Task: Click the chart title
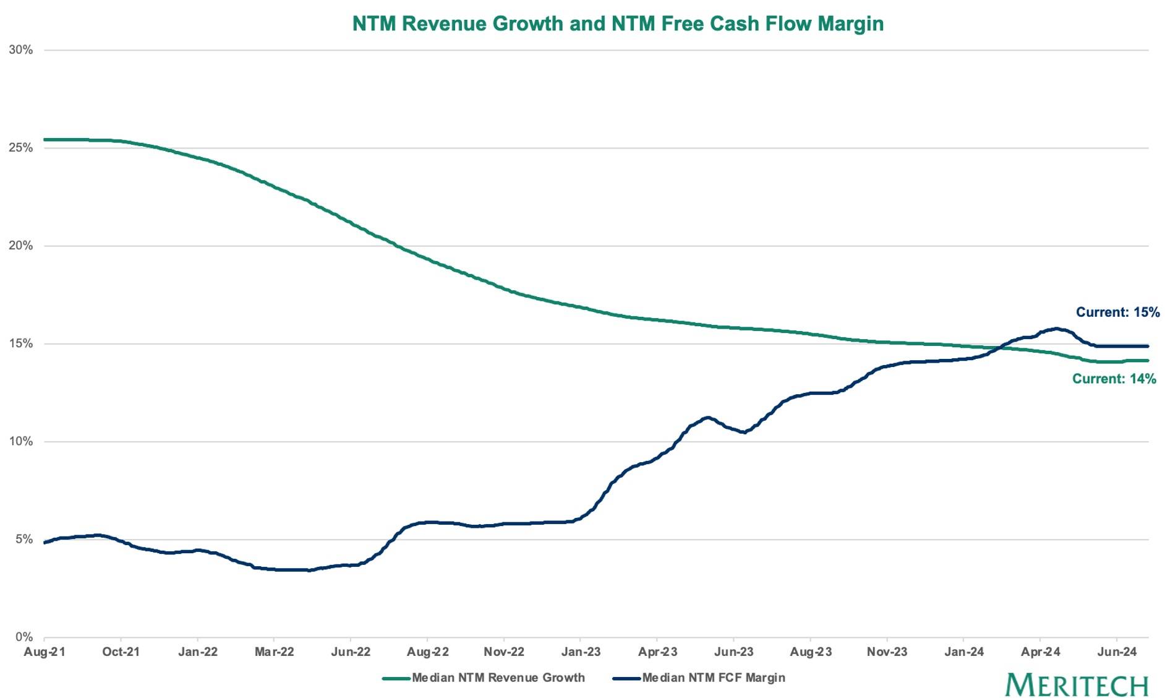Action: [618, 24]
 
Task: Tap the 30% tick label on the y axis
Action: [20, 50]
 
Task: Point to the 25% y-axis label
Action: [20, 147]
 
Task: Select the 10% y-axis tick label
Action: [20, 441]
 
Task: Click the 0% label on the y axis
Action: [24, 637]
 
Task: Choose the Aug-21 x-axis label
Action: [44, 652]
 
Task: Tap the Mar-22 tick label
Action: [274, 652]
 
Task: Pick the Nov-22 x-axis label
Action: [504, 652]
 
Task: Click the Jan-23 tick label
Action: [581, 652]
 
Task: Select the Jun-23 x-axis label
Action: [734, 652]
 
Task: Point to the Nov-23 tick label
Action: [887, 652]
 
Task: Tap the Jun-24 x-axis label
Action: [1117, 652]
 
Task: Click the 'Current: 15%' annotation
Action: [1117, 312]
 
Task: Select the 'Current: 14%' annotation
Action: [1114, 379]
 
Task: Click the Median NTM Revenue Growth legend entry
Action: [484, 678]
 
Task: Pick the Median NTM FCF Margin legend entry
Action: [699, 678]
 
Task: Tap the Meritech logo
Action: [1077, 685]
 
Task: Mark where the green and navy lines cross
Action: [1001, 348]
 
